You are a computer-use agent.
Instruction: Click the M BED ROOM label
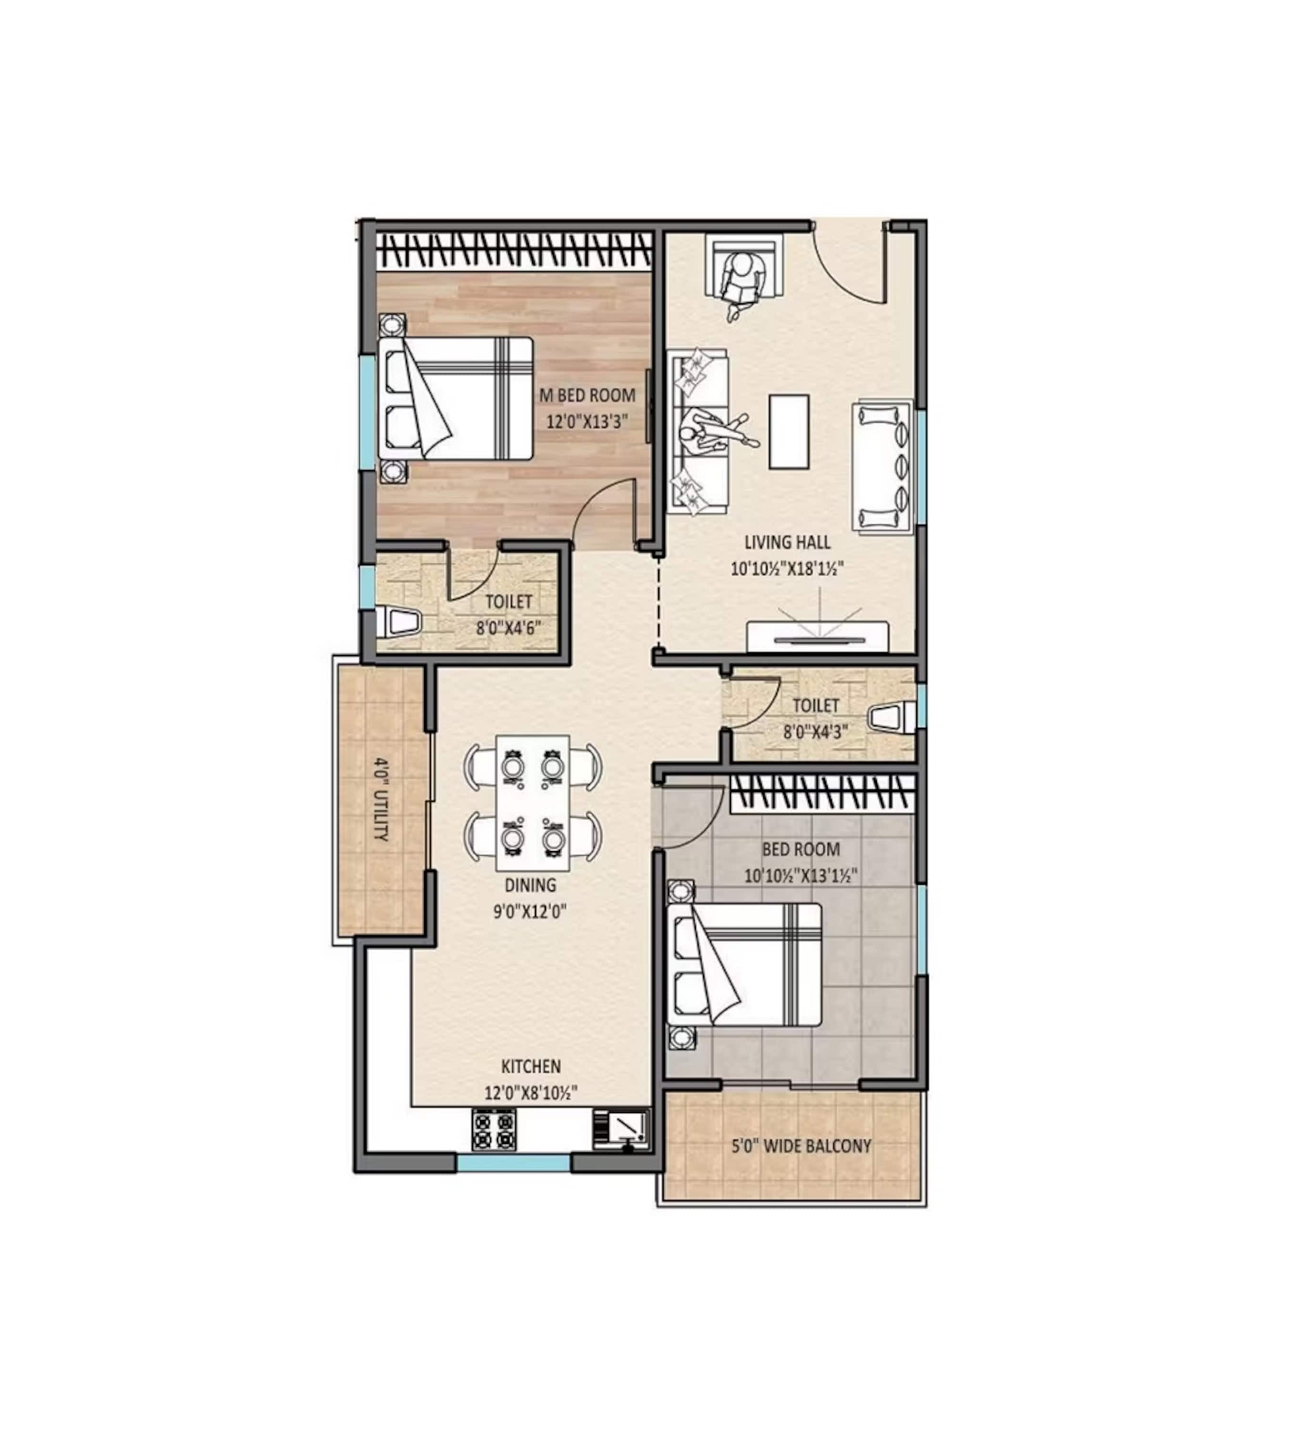587,395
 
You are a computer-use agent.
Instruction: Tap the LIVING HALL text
787,542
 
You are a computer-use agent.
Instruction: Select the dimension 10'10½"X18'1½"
787,568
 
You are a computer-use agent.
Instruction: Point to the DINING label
530,885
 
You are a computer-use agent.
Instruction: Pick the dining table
532,803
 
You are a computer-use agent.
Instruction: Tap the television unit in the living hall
817,636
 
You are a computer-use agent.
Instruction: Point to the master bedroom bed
455,398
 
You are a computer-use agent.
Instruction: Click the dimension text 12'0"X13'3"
587,422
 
